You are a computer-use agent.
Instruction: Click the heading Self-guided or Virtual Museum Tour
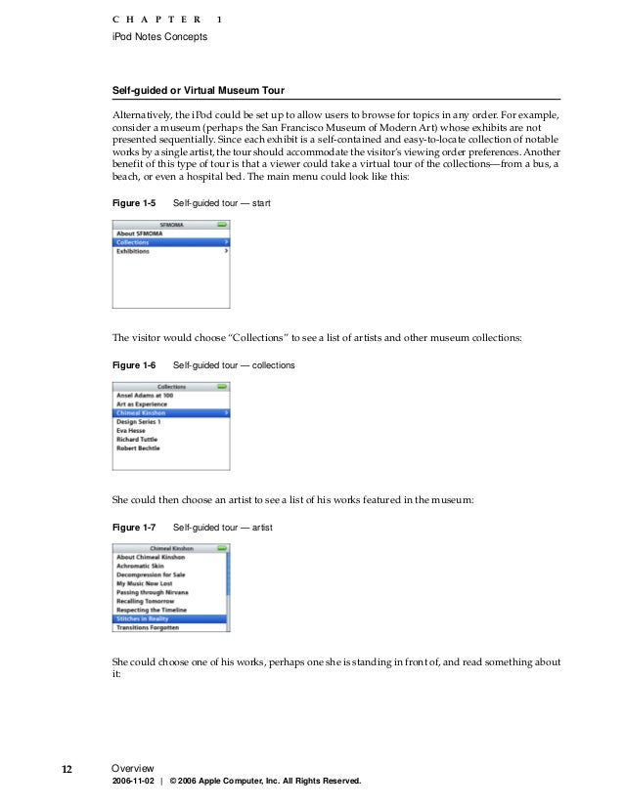coord(199,91)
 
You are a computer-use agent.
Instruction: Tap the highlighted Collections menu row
coord(172,242)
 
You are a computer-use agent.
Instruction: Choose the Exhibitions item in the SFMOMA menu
coord(133,251)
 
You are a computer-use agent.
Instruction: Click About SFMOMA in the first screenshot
coord(139,234)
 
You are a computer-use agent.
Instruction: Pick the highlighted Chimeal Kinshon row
coord(172,413)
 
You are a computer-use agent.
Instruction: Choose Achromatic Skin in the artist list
coord(143,565)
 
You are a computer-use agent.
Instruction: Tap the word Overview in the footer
coord(133,769)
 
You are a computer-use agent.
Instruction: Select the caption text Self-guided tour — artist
coord(222,527)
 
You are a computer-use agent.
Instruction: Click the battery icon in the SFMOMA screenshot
coord(222,224)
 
